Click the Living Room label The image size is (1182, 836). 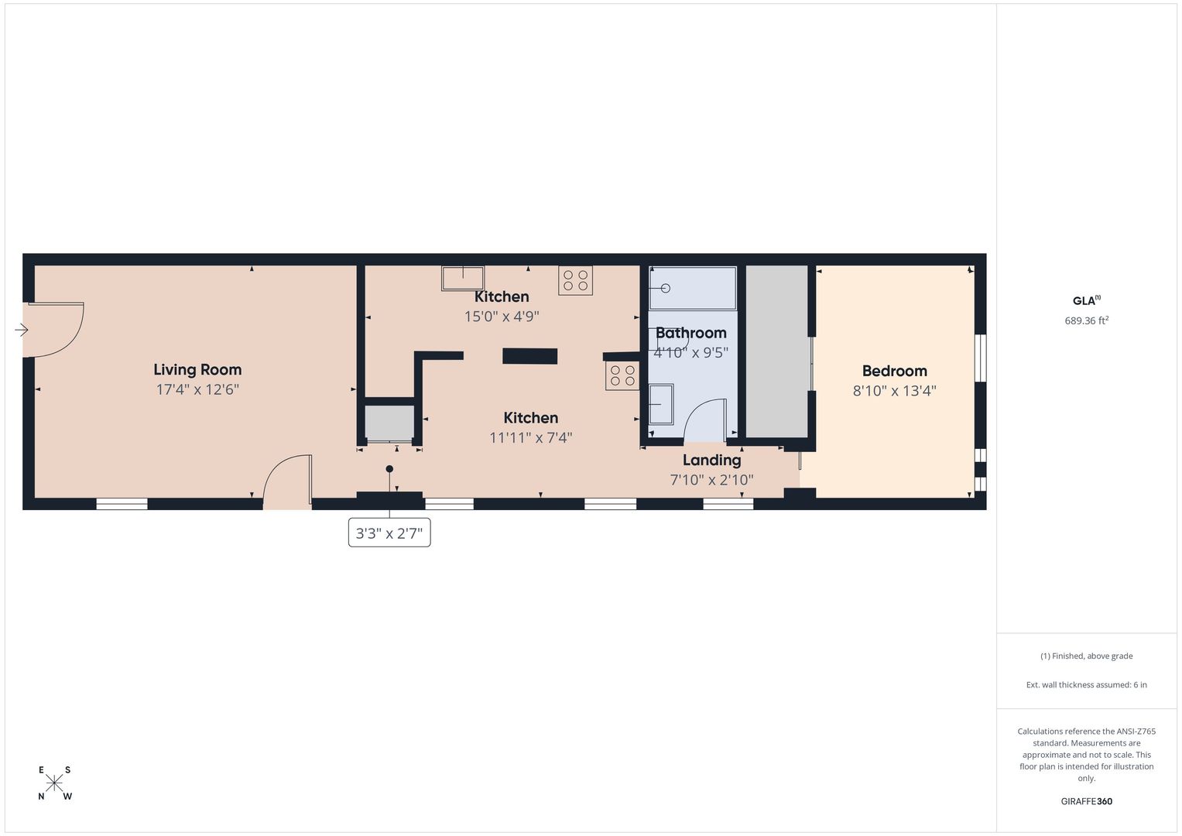point(197,370)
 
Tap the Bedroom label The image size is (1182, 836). point(894,371)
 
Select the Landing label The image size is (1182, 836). point(712,461)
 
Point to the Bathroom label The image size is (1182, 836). point(690,333)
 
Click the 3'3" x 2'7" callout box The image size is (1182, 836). point(389,533)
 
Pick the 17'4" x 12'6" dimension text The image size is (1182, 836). point(197,389)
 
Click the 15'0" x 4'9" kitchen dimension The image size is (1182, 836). point(502,317)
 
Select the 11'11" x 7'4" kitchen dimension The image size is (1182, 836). point(530,437)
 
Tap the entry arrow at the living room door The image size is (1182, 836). point(21,330)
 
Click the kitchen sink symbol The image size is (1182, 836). point(463,278)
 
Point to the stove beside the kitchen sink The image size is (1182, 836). point(575,280)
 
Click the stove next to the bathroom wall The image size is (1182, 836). point(622,375)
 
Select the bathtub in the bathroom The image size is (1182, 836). point(692,288)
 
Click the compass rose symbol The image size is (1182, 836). point(54,783)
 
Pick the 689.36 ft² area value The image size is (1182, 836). point(1087,320)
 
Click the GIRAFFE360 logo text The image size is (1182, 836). point(1087,801)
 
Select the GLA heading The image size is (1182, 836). point(1087,300)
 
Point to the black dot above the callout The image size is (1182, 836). point(389,468)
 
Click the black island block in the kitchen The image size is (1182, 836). point(529,356)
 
